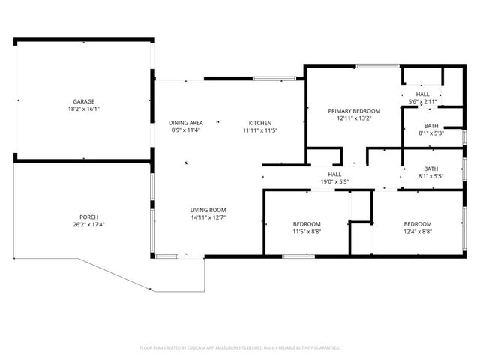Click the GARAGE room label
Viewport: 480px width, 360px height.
[83, 101]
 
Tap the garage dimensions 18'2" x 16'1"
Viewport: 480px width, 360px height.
[83, 109]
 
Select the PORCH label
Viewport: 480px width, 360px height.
[89, 217]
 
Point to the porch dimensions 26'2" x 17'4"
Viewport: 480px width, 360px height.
[89, 224]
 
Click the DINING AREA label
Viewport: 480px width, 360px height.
[185, 123]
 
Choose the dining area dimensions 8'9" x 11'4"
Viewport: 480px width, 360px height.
[185, 130]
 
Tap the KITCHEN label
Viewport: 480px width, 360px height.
[260, 123]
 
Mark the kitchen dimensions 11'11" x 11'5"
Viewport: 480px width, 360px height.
[260, 130]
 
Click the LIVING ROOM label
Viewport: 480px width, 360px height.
[208, 210]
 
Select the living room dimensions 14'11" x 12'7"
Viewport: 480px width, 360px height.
[208, 217]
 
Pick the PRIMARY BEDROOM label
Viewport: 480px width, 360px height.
[354, 111]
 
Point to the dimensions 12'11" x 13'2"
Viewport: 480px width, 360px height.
[354, 118]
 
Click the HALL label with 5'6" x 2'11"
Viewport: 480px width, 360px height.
[423, 94]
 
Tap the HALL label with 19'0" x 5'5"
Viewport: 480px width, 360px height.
[334, 174]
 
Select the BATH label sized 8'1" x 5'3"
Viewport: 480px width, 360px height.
[431, 126]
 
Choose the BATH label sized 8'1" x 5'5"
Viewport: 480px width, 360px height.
[431, 169]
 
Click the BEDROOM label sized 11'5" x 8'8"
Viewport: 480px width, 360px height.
[307, 224]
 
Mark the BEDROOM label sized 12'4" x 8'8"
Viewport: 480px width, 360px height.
[418, 224]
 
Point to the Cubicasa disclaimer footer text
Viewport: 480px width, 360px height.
[240, 348]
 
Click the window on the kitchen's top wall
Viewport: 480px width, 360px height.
[265, 78]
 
